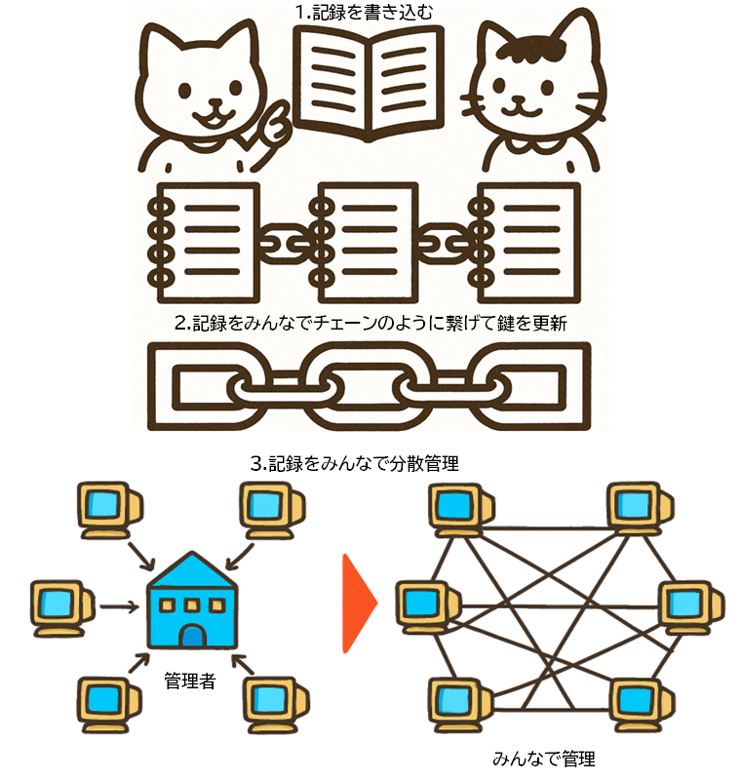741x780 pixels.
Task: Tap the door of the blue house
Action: (x=193, y=636)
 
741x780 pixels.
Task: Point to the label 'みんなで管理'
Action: (x=543, y=758)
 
